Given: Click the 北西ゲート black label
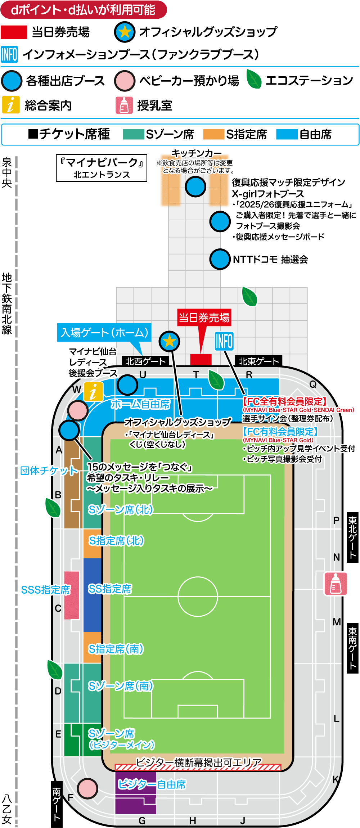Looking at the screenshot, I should coord(145,361).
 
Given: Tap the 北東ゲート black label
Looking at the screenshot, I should coord(258,361).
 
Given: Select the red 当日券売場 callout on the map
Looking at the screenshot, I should coord(204,318).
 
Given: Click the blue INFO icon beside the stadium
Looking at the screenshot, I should coord(224,341).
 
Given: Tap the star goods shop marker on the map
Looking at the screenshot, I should coord(169,341).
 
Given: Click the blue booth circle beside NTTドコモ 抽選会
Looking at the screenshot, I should coord(220,259).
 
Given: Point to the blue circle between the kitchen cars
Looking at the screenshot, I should coord(195,186).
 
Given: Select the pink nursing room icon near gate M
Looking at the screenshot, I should coord(336,584).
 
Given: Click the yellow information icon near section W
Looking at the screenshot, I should coord(93,392).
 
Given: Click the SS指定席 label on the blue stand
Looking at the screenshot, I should coord(110,589).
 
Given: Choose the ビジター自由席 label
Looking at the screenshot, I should coord(152,784).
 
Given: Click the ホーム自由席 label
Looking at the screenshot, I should coord(140,404).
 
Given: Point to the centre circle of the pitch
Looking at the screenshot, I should coord(198,597).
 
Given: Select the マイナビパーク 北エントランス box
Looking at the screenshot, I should coord(102,168).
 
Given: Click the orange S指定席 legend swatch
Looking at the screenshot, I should coord(213,134).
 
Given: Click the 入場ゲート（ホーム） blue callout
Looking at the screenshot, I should coord(104,332).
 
